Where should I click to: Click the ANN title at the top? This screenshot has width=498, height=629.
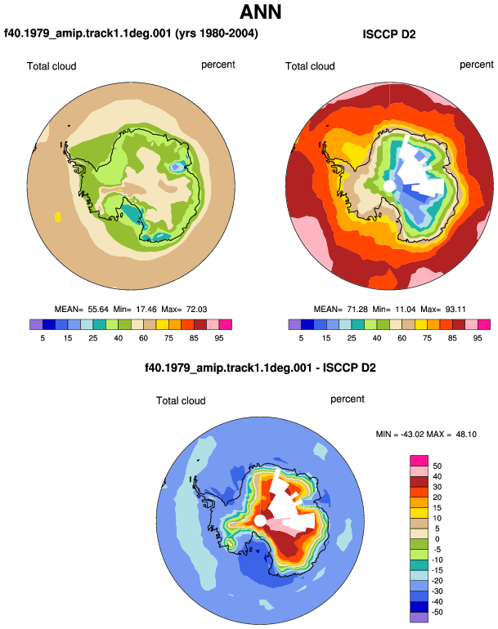click(x=260, y=11)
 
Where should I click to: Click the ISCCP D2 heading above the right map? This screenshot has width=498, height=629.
click(x=388, y=34)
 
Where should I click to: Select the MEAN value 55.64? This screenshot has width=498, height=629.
click(x=98, y=310)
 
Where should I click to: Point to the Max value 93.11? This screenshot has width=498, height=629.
click(x=455, y=310)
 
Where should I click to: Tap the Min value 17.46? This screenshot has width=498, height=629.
click(x=146, y=310)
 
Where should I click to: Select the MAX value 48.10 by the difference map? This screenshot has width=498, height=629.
click(x=466, y=434)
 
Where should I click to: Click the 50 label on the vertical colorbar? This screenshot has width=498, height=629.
click(x=437, y=466)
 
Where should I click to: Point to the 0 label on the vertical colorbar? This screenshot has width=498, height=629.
click(x=437, y=539)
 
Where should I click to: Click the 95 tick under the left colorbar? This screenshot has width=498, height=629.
click(x=219, y=338)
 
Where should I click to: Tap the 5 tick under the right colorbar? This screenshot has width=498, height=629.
click(x=301, y=338)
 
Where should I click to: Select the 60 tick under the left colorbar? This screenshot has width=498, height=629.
click(x=143, y=338)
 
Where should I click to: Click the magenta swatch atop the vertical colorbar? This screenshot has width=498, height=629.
click(x=419, y=461)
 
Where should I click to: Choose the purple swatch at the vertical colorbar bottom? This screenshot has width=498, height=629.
click(x=419, y=618)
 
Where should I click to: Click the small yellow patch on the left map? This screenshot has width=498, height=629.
click(x=58, y=217)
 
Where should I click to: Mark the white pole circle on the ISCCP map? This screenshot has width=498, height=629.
click(x=388, y=186)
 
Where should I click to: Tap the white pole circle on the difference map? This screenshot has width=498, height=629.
click(x=260, y=520)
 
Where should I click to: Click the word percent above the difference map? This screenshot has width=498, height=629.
click(x=348, y=399)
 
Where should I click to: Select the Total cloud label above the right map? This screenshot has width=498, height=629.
click(x=310, y=66)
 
